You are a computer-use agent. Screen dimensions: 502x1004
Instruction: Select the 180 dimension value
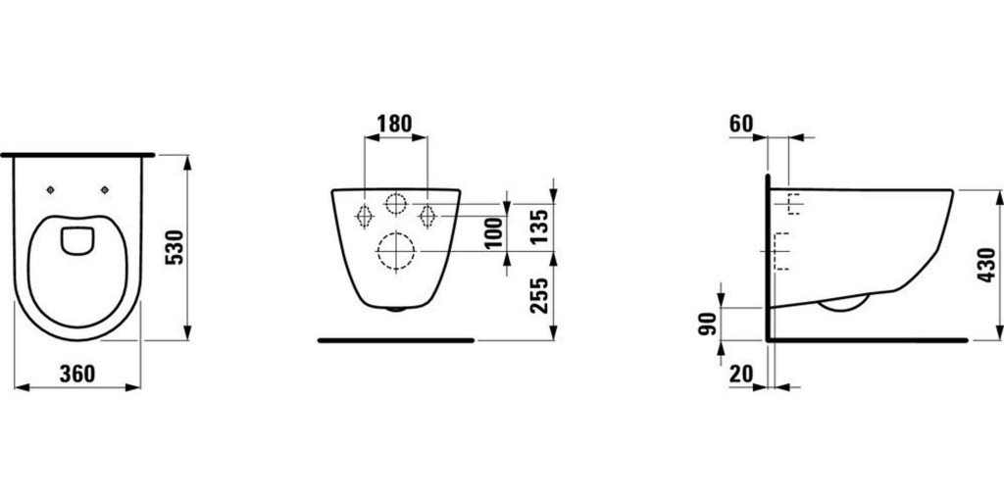(x=395, y=124)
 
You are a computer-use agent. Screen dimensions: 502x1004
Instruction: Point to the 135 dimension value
(x=537, y=227)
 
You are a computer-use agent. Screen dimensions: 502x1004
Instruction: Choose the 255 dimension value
(x=537, y=295)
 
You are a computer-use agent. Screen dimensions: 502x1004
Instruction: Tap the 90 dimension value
(x=706, y=323)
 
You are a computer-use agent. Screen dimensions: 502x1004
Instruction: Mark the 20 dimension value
(x=743, y=374)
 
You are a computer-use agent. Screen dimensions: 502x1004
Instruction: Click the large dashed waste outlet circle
(x=395, y=252)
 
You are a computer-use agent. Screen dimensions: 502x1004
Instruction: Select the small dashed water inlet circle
(x=395, y=205)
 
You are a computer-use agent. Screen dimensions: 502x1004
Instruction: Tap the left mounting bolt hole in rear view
(x=364, y=215)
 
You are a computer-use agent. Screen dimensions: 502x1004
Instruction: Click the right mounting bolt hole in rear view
(x=427, y=215)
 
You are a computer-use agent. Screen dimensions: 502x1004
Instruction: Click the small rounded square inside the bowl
(x=75, y=240)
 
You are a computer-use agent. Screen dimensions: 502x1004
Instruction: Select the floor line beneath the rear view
(x=396, y=340)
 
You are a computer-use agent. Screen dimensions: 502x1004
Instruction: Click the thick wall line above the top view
(x=78, y=155)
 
